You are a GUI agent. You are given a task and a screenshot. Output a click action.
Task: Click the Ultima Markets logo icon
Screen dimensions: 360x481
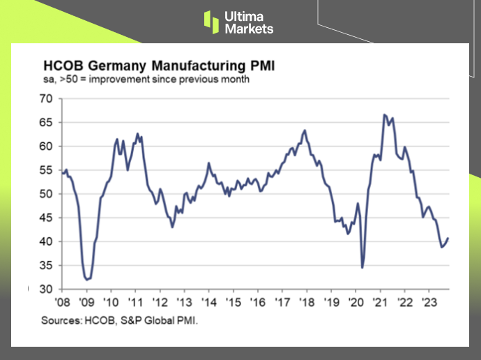pos(211,22)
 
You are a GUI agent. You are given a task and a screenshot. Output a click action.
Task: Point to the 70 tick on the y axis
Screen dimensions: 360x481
pos(45,99)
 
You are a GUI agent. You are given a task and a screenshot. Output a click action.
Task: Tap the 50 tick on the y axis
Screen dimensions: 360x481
pos(45,194)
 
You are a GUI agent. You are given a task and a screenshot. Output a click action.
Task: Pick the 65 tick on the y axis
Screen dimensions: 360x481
pos(45,123)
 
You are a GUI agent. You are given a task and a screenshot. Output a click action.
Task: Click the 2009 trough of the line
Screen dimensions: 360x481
pos(87,279)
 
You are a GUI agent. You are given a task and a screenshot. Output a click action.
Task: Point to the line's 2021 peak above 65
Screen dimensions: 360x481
pos(385,114)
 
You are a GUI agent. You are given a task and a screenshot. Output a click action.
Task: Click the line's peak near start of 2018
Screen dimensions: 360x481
pos(304,130)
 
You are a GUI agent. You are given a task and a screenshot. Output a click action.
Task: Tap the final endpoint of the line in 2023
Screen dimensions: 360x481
pos(448,238)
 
